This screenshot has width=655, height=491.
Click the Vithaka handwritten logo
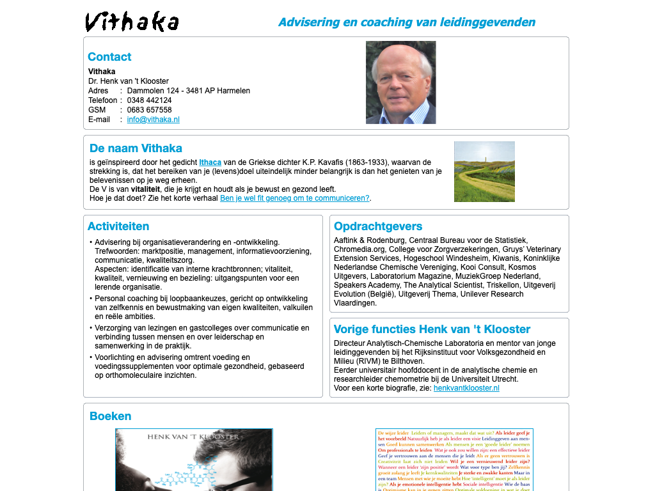[132, 22]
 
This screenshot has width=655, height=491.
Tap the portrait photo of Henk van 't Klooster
[400, 82]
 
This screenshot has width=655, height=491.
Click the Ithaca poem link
[210, 162]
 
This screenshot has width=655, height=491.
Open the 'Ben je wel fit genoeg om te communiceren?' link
[294, 198]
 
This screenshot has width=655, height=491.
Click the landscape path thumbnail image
[484, 171]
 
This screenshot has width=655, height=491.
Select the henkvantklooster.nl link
[466, 388]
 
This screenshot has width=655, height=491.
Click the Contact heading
[109, 57]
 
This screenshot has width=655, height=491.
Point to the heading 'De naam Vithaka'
[136, 148]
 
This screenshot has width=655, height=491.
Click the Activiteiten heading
[118, 226]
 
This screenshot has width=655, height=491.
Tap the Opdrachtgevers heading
[378, 226]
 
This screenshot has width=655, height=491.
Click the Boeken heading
[110, 416]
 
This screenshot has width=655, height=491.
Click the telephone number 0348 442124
[149, 100]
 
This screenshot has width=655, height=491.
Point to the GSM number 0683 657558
[149, 110]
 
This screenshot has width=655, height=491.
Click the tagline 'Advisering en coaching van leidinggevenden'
[407, 22]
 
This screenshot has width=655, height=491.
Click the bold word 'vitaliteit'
[145, 189]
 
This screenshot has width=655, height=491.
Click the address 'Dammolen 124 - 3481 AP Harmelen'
[188, 91]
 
